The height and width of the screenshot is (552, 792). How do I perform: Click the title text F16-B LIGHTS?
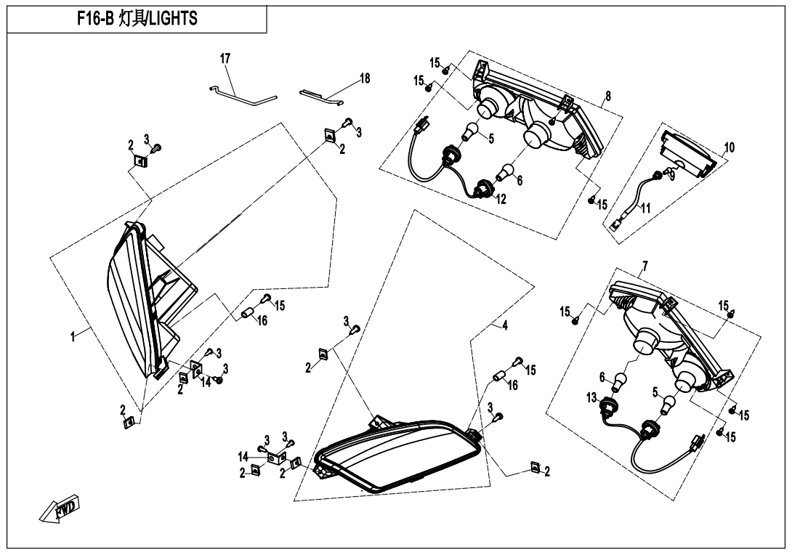coord(137,20)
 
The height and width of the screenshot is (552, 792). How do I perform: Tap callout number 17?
coord(225,58)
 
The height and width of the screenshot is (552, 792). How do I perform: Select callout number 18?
coord(365,78)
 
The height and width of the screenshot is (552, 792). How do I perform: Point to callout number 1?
coord(73,337)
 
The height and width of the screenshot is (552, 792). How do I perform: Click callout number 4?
coord(505,326)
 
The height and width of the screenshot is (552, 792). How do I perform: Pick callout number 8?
coord(607,95)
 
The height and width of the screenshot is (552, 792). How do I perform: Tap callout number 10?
coord(729,147)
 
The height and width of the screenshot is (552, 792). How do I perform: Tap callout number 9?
coord(672,175)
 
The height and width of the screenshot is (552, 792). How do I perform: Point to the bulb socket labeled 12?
coord(482,190)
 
